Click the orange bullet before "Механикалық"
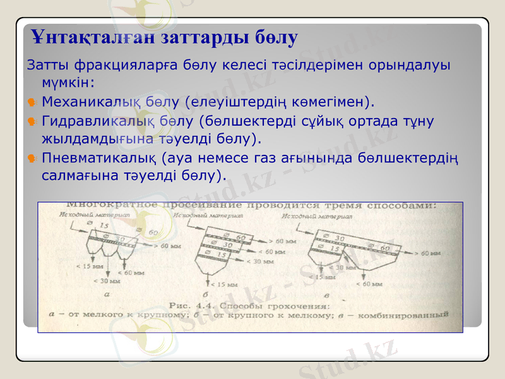pos(32,101)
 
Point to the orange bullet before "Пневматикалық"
pos(32,157)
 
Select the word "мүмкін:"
pos(68,83)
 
